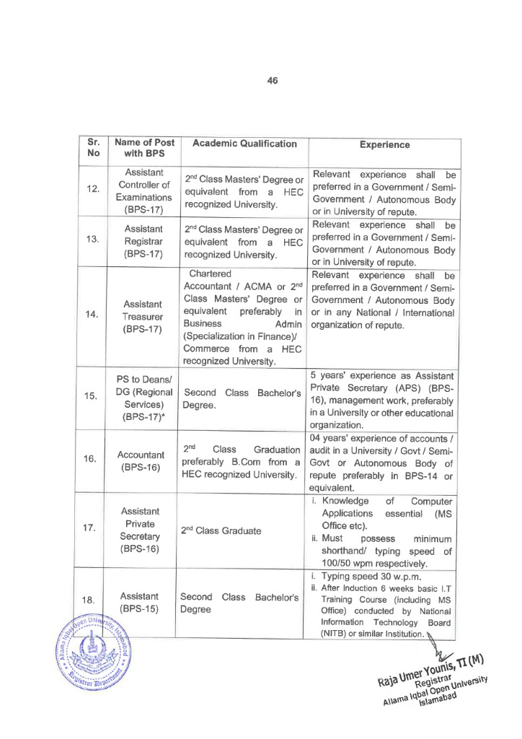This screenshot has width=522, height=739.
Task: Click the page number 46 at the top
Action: point(272,81)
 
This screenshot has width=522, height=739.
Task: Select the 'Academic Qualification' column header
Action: point(244,144)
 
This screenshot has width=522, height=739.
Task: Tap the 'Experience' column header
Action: point(384,145)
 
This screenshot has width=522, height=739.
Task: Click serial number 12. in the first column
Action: point(93,190)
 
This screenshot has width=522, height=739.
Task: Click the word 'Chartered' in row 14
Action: point(211,274)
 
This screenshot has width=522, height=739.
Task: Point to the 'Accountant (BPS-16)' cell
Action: point(144,462)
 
